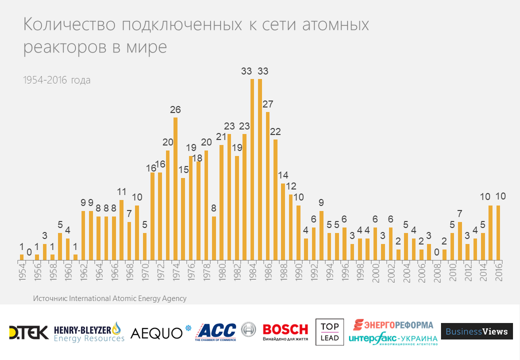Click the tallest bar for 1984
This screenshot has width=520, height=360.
pos(252,170)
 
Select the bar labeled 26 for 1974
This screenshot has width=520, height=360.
pos(175,189)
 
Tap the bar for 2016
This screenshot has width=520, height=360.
pos(498,233)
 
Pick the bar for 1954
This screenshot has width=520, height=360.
pos(21,257)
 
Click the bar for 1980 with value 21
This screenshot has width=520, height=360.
pos(221,202)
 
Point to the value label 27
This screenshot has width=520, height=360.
pos(267,104)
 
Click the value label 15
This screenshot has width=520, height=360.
pos(183,170)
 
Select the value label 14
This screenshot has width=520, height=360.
pos(283,175)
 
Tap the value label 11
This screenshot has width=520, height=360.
pos(121,192)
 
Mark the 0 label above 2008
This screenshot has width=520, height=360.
pos(436,252)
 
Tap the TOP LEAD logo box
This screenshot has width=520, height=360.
pos(329,332)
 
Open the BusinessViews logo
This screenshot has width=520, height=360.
pos(476,331)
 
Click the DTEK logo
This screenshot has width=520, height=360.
pos(28,332)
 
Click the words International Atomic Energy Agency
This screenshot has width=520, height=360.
pos(127,298)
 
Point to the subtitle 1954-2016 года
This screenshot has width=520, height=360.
pos(57,80)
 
